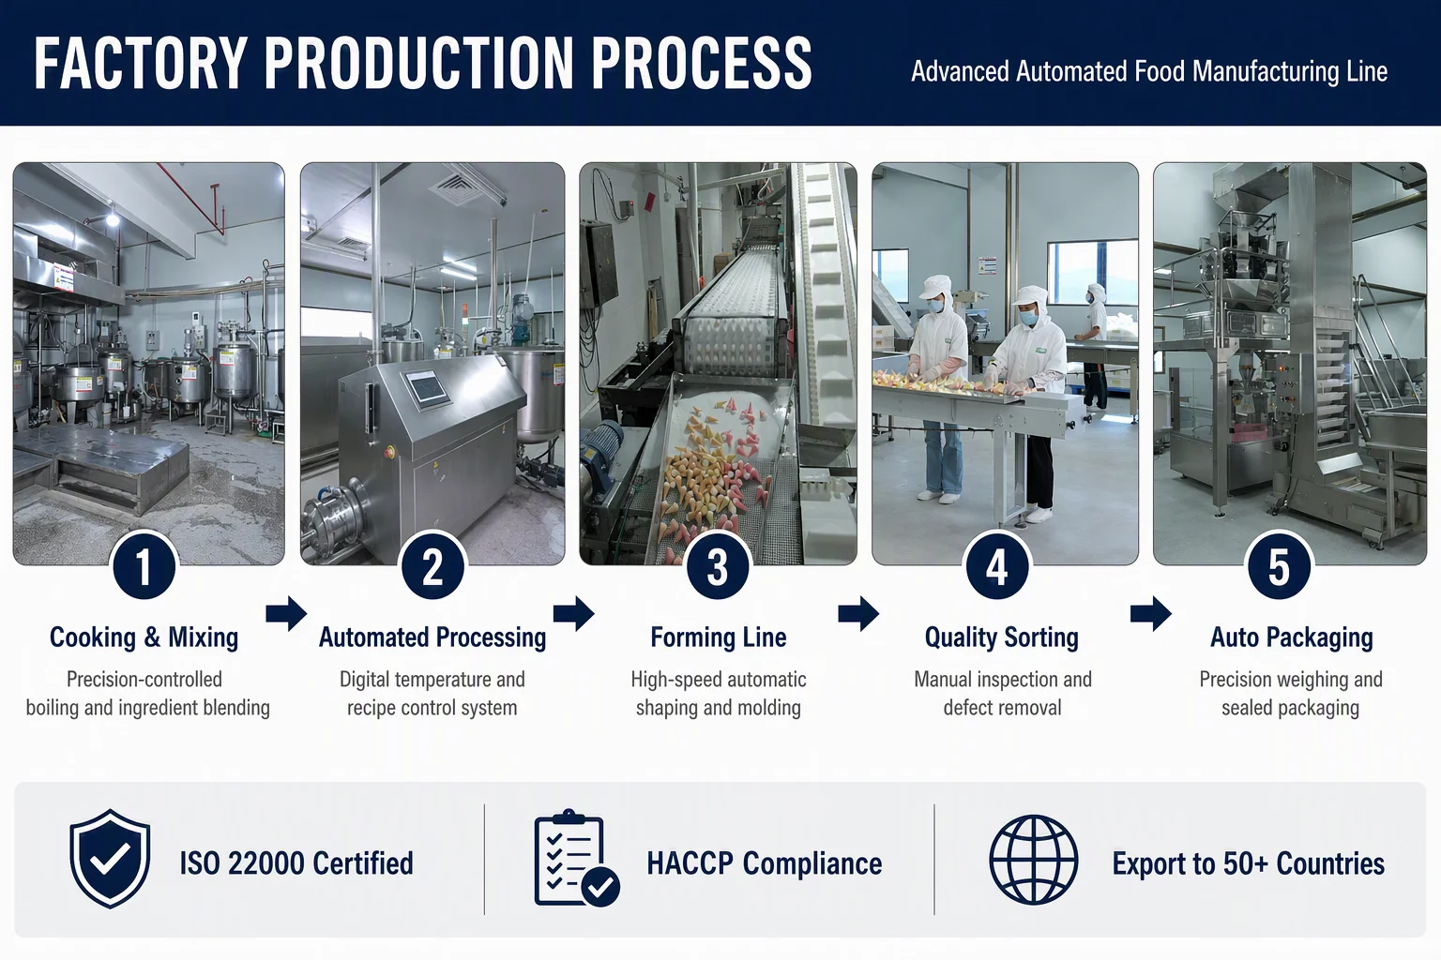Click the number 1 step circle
[144, 567]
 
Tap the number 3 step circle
[718, 567]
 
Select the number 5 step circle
[1279, 567]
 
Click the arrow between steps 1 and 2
[286, 613]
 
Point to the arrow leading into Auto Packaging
[1151, 613]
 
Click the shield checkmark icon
[110, 859]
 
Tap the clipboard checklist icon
[577, 858]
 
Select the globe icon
[1033, 860]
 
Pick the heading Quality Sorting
[1002, 637]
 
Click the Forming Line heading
[718, 637]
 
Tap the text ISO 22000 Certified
[296, 862]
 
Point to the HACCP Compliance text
[765, 862]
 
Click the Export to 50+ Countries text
[1248, 862]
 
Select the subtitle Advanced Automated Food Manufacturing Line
[1149, 71]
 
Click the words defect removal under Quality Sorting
[1002, 707]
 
